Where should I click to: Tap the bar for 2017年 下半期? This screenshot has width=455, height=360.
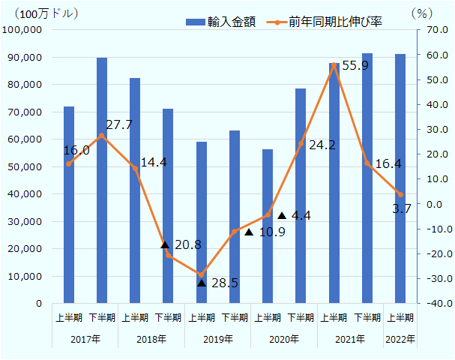[102, 181]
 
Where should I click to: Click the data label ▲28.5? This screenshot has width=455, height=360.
[217, 283]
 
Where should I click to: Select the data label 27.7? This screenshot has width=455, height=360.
[118, 124]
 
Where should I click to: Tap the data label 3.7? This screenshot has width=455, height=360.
[402, 208]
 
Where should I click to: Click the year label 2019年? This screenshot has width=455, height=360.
[218, 340]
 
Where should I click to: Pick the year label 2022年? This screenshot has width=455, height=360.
[400, 340]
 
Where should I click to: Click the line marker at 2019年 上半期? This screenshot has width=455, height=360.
[202, 274]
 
